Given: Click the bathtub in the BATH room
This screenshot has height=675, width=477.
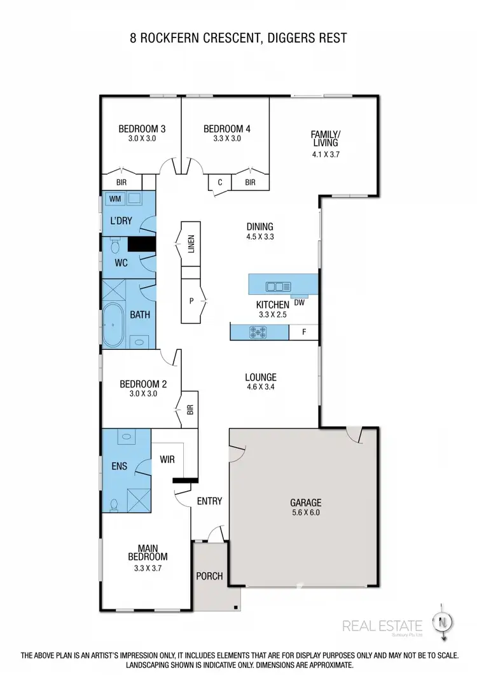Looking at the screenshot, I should tap(116, 325).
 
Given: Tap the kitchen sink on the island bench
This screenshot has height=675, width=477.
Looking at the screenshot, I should tap(279, 287).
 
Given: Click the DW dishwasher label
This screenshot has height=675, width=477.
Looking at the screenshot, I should tap(298, 302).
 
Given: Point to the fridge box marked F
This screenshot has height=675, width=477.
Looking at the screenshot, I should tap(303, 332).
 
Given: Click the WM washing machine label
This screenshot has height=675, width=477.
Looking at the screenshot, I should tap(115, 199).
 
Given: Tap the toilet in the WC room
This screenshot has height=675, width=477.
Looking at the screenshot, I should tap(116, 246).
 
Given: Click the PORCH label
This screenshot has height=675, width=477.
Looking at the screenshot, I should tap(209, 576).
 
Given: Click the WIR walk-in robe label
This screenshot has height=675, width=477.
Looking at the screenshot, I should tap(167, 459).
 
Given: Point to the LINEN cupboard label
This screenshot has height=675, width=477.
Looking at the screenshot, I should tap(191, 244).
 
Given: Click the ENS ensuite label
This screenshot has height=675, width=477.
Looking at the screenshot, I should tap(119, 466).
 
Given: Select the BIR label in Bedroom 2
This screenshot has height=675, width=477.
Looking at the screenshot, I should tap(190, 410).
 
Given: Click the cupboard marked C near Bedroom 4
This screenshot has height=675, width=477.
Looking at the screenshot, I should tap(220, 183).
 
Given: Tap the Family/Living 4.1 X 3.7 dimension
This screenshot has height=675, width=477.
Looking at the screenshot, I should tap(325, 154).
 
